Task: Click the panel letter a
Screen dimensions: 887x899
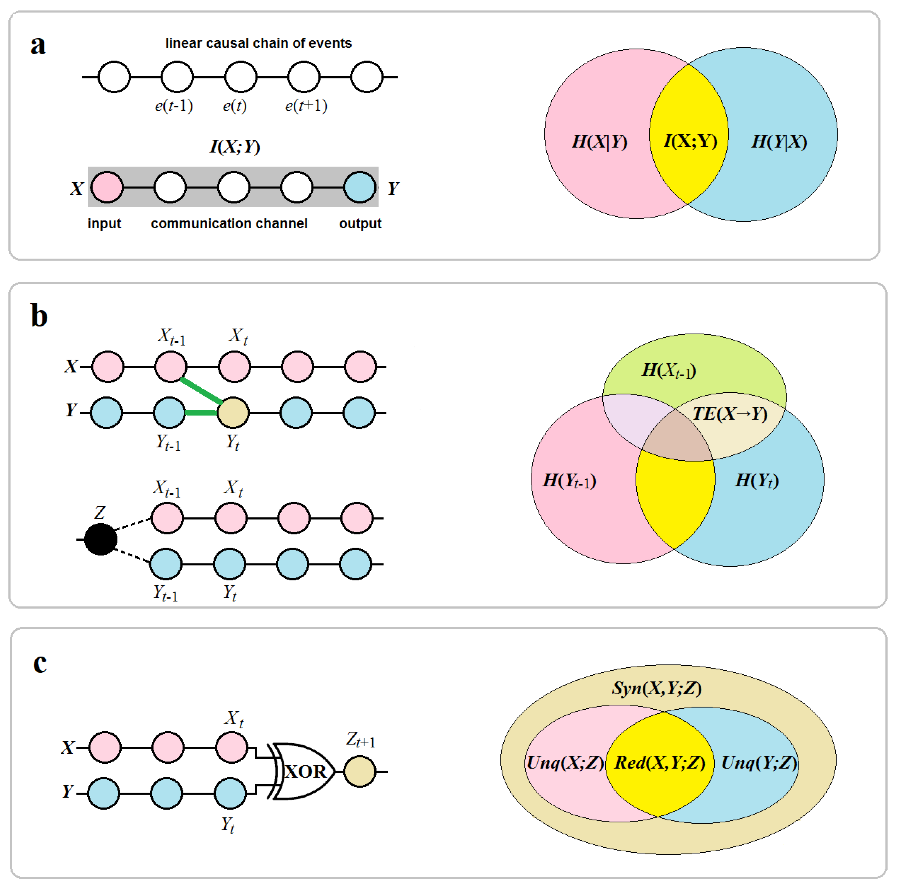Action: tap(38, 46)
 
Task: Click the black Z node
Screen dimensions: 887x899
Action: tap(100, 539)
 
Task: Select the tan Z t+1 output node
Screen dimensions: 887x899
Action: tap(360, 771)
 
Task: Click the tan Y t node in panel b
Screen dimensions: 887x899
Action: tap(234, 412)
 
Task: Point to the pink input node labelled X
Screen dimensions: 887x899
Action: tap(107, 187)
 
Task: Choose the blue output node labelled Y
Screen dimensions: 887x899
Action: tap(360, 187)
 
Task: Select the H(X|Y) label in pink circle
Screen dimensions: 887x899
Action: tap(599, 141)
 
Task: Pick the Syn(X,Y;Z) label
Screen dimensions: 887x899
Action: tap(657, 688)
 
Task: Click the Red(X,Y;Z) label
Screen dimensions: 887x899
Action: tap(660, 762)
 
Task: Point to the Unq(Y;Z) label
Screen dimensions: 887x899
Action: tap(759, 762)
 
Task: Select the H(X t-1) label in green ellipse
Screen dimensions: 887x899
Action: tap(669, 371)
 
